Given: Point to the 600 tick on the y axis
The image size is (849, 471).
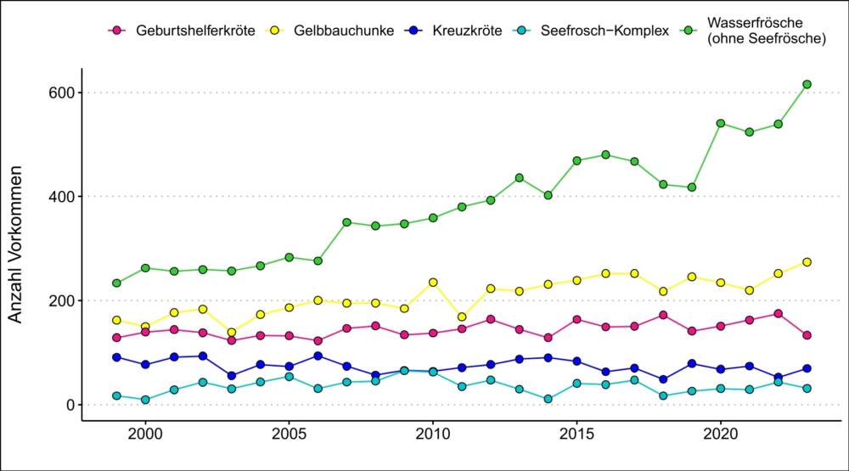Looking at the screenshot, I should click(x=59, y=93).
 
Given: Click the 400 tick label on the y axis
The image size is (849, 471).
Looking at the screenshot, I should click(x=59, y=197).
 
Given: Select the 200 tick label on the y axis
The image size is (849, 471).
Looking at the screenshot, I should click(x=59, y=301).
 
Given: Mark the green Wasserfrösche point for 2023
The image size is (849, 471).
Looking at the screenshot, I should click(x=807, y=84).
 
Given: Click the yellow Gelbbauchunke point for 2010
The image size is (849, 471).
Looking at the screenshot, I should click(x=433, y=283).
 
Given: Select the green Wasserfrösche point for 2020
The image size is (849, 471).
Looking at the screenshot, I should click(x=721, y=123).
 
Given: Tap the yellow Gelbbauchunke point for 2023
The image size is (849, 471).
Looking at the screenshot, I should click(x=807, y=262).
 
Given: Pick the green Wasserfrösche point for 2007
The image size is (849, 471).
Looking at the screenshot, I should click(x=346, y=222).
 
